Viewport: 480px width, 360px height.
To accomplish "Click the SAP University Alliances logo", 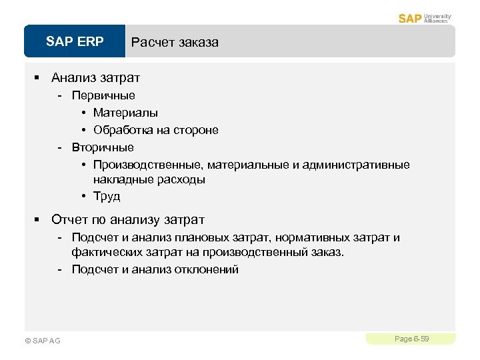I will [x=425, y=18].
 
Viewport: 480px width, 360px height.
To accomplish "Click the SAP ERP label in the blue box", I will [x=75, y=42].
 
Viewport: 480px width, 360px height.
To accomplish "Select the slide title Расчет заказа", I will [x=175, y=43].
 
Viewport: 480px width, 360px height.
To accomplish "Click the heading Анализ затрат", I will [x=95, y=78].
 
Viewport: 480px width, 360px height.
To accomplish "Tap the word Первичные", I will [x=103, y=95].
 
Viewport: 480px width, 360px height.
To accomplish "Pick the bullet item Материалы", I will [x=125, y=113].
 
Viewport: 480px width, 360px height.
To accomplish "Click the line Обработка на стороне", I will [x=155, y=130].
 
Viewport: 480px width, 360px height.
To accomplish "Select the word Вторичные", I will [x=103, y=147].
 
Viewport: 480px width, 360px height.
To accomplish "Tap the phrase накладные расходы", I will [x=149, y=179].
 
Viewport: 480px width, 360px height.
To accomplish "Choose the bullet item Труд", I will [x=107, y=197].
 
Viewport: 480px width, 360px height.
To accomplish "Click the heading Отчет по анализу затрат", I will [x=127, y=220].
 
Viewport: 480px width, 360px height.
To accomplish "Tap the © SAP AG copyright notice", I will [x=42, y=341].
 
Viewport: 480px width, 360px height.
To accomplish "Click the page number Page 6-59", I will [x=411, y=339].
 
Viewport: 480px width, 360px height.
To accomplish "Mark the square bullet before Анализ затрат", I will [x=38, y=79].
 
